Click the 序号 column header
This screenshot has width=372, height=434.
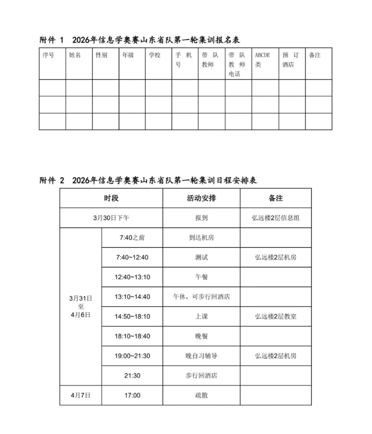click(x=48, y=55)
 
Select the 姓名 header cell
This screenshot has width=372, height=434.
click(x=75, y=55)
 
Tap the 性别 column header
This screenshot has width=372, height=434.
click(x=101, y=55)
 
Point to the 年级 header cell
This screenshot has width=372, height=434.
click(x=128, y=55)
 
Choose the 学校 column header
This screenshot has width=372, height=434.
click(x=155, y=55)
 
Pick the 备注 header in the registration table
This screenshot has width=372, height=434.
click(x=315, y=55)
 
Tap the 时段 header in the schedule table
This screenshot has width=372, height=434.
click(x=111, y=198)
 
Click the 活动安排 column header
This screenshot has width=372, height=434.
click(x=201, y=198)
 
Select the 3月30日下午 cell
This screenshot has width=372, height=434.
click(x=111, y=218)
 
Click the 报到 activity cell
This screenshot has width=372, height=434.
click(x=201, y=218)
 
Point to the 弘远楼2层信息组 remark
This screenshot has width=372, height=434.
click(x=276, y=218)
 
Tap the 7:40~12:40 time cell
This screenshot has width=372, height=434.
click(x=132, y=257)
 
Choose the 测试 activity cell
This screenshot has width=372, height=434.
click(x=201, y=257)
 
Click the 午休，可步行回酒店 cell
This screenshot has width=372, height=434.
click(x=201, y=297)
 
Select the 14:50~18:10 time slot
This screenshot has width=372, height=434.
click(x=132, y=316)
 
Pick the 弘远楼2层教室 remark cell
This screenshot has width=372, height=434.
click(x=276, y=316)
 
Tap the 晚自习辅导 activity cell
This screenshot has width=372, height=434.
click(x=201, y=356)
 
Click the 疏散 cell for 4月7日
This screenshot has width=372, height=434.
click(x=201, y=395)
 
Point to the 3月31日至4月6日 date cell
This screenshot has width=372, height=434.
click(x=80, y=306)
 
